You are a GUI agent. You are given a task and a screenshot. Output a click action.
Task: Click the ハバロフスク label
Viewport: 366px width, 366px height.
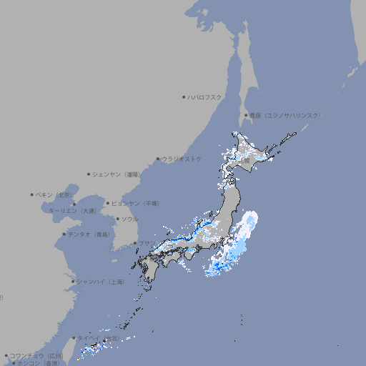tap(205, 97)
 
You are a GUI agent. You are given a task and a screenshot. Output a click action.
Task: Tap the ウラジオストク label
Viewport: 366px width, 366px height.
tap(182, 159)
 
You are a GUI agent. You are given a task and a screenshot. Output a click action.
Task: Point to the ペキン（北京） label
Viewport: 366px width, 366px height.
tap(55, 194)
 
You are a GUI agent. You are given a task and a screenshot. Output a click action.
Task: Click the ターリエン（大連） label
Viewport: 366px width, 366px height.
tap(72, 211)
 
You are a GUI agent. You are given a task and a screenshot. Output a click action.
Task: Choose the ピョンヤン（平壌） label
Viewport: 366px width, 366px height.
tap(137, 203)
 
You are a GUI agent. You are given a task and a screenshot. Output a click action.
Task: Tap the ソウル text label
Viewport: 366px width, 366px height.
tap(129, 219)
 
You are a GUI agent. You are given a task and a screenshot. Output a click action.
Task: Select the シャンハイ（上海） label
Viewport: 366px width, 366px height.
tap(101, 282)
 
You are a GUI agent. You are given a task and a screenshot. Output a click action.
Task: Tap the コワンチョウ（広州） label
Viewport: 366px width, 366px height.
tap(36, 355)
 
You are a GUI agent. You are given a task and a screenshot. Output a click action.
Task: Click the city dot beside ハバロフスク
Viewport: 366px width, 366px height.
tap(184, 97)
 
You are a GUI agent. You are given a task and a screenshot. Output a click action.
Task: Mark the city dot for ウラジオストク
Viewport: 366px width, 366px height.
tap(158, 159)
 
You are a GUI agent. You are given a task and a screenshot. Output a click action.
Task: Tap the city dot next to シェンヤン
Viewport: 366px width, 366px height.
tap(89, 174)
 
